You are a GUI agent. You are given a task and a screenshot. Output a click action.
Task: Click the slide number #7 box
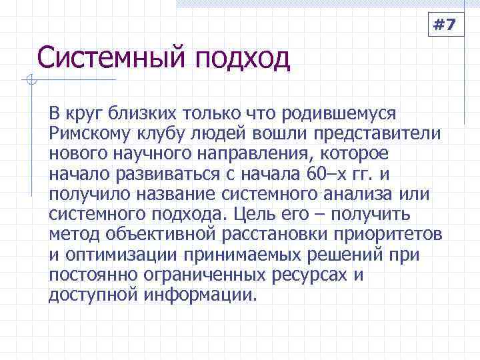click(444, 25)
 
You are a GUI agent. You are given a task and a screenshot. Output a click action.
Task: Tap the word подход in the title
click(243, 60)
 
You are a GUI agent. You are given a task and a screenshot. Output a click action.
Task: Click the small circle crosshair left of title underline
click(29, 81)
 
